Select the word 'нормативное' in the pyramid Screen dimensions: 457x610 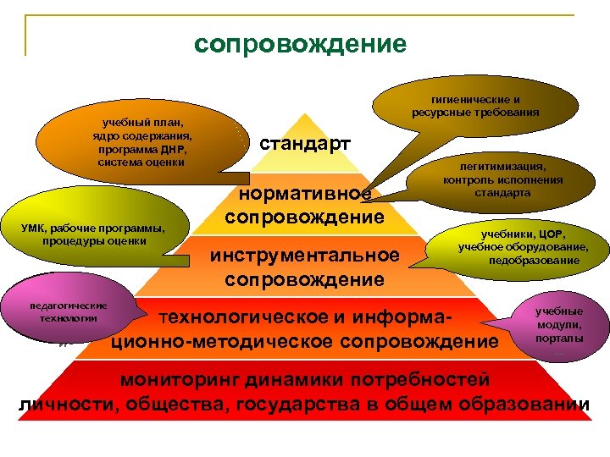click(x=304, y=194)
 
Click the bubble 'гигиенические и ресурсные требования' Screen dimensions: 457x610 click(x=475, y=106)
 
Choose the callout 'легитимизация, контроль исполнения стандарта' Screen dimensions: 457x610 click(x=502, y=179)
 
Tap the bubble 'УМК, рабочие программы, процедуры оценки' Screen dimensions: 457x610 click(x=95, y=234)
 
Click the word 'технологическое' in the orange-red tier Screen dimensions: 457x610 click(x=238, y=318)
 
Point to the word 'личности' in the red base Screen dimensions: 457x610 click(x=68, y=403)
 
